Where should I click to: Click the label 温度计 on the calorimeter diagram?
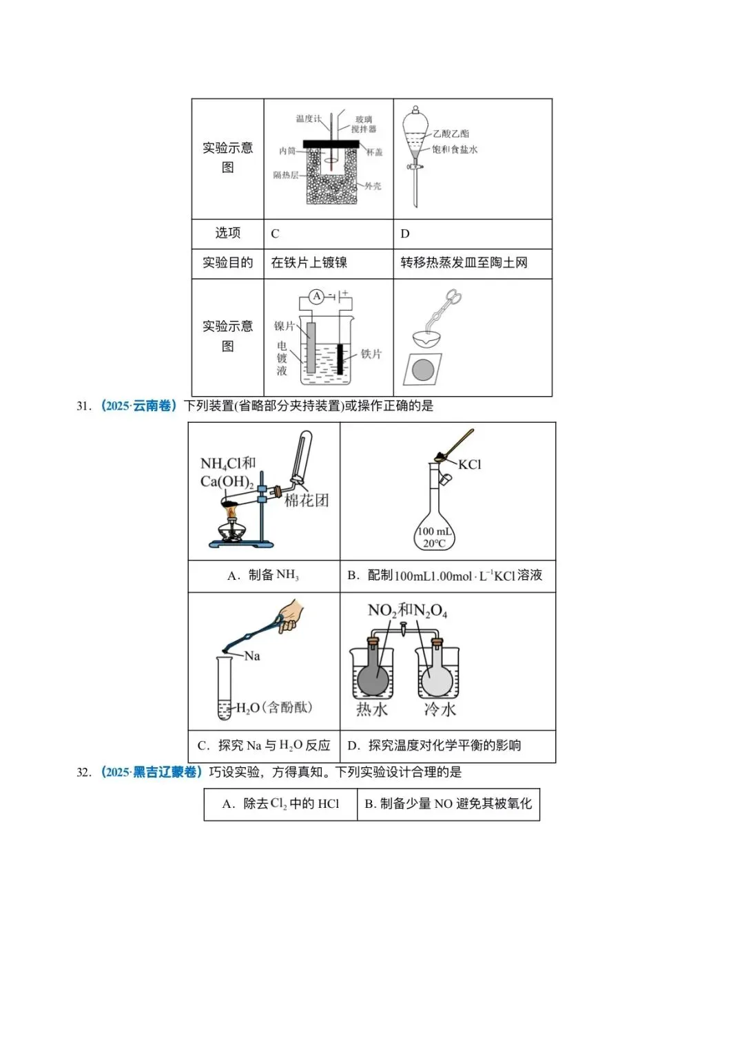(308, 118)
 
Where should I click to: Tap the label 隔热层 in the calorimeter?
(285, 175)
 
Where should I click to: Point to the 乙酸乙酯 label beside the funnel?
(451, 134)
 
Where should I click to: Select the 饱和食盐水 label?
(455, 149)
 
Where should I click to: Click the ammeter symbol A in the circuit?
(316, 296)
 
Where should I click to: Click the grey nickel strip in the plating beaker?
(311, 348)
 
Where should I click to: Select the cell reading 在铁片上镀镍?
(309, 262)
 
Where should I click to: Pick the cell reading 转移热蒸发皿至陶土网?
(464, 262)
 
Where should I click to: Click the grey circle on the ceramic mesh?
(423, 370)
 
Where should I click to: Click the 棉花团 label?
(307, 501)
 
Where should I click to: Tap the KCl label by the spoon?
(469, 465)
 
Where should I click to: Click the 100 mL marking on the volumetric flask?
(435, 531)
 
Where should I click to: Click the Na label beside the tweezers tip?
(252, 656)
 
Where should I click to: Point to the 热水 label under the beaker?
(371, 709)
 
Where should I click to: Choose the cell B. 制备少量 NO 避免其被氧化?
(448, 804)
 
